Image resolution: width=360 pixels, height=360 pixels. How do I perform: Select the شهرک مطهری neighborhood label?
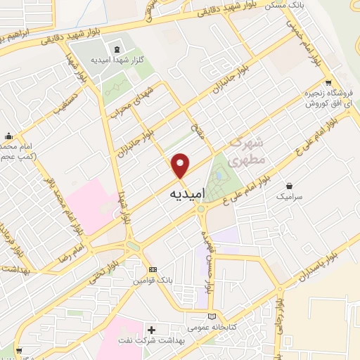click(247, 150)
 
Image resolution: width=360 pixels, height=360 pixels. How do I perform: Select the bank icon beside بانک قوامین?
click(153, 270)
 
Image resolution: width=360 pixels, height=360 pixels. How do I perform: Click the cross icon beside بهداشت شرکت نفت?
click(152, 329)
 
